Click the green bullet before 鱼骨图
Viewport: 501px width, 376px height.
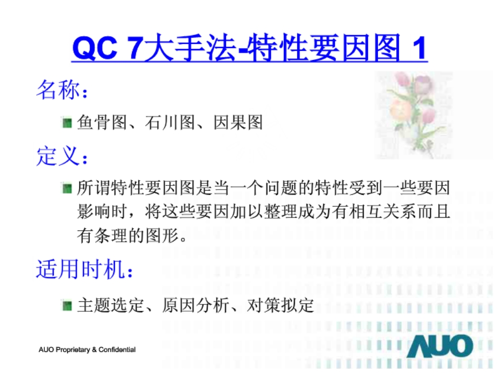click(67, 124)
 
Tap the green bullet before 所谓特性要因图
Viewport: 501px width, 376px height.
click(67, 188)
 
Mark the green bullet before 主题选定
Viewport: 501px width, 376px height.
click(67, 305)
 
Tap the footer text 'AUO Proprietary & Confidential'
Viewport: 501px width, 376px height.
click(87, 349)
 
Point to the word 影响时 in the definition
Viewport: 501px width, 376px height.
click(102, 212)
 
